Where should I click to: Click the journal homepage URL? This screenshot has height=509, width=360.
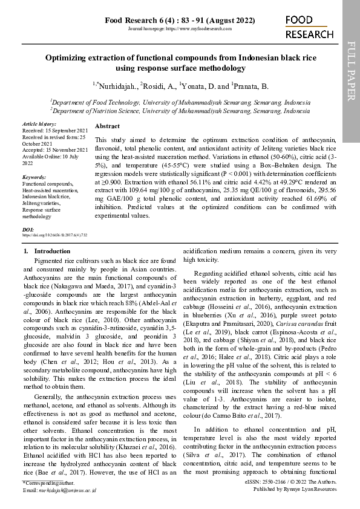(x=180, y=29)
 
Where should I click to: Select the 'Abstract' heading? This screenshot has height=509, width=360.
(x=107, y=126)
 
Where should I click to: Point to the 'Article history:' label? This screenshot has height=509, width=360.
(x=39, y=124)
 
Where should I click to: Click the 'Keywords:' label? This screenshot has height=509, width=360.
(x=34, y=177)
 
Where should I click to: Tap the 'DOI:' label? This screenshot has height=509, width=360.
(x=28, y=230)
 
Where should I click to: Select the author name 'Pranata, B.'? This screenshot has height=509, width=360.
(x=249, y=86)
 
